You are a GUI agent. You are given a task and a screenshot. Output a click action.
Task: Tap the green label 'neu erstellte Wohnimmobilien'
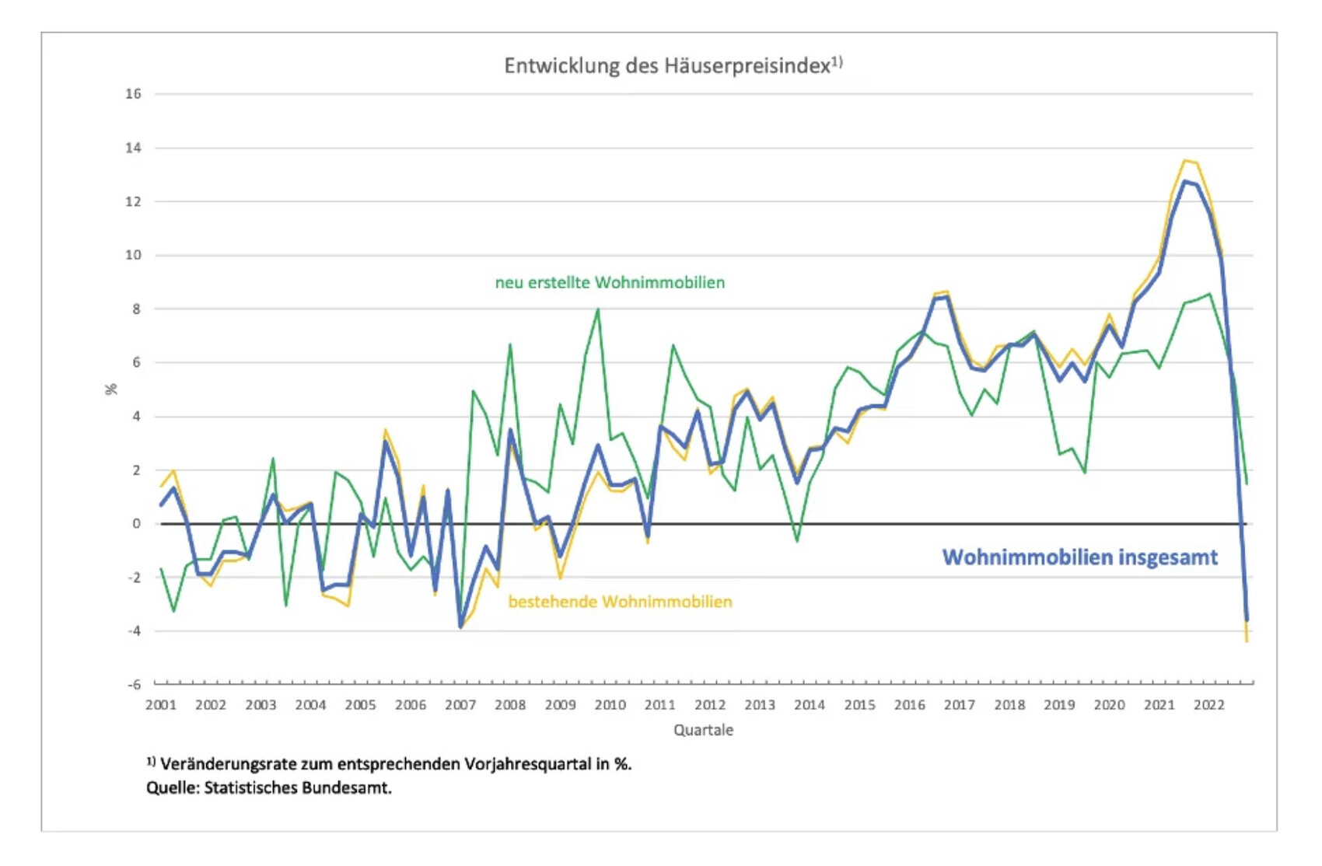(610, 283)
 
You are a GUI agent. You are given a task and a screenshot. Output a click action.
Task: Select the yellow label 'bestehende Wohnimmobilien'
(620, 602)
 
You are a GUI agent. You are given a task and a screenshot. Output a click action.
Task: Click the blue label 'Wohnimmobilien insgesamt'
(1079, 557)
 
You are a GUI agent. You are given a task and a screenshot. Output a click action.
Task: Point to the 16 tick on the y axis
(134, 94)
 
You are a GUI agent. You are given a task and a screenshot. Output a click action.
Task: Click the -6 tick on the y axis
(135, 685)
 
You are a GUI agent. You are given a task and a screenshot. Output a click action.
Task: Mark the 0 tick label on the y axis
(137, 524)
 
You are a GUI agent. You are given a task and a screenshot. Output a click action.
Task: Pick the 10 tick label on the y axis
(134, 255)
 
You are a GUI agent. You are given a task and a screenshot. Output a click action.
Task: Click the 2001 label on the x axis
(161, 705)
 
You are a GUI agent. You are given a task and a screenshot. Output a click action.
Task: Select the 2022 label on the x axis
(1208, 705)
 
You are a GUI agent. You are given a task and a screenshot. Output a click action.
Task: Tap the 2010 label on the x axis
(610, 705)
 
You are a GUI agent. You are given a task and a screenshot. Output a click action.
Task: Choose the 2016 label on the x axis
(909, 705)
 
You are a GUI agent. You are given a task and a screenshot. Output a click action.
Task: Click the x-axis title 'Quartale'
(703, 730)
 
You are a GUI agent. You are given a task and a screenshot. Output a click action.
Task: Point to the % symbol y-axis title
(112, 389)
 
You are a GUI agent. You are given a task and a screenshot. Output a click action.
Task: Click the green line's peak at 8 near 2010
(598, 309)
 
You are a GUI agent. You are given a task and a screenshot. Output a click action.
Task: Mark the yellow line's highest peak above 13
(1184, 161)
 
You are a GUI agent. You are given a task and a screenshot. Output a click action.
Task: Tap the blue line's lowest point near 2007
(460, 626)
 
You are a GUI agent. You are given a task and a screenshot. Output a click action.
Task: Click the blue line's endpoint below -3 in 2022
(1247, 620)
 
